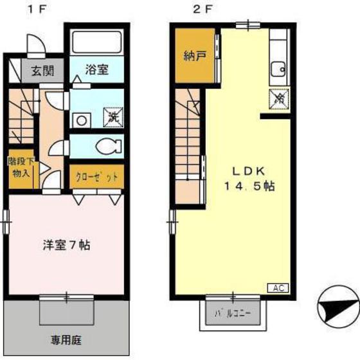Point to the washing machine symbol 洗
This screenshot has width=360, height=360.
[112, 117]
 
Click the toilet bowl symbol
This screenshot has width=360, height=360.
[105, 146]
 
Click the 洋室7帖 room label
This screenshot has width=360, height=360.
[66, 245]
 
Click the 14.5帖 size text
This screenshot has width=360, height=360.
[249, 187]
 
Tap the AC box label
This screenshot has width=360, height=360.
[280, 287]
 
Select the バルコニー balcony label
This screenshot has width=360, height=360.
[233, 314]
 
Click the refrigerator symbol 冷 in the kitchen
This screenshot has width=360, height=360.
[279, 98]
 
